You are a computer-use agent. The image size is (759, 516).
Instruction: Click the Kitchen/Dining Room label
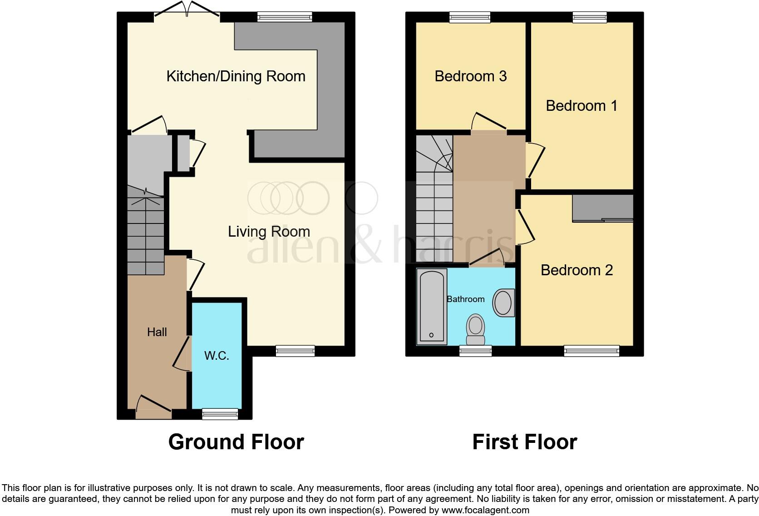[x=236, y=77]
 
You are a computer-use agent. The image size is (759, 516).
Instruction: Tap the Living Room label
[x=269, y=232]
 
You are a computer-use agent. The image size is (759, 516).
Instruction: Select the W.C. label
[x=217, y=356]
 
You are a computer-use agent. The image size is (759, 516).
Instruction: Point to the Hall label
[x=157, y=332]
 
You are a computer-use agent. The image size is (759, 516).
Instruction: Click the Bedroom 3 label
[x=471, y=76]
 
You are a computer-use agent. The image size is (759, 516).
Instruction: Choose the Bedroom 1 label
[x=582, y=106]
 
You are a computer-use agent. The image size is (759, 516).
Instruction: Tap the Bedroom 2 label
[x=577, y=270]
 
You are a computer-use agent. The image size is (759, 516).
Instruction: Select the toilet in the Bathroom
[x=475, y=329]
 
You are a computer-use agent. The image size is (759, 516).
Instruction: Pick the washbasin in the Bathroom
[x=504, y=303]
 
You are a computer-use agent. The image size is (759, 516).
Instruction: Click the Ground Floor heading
[x=236, y=442]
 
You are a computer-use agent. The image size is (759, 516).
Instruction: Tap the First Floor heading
[x=524, y=442]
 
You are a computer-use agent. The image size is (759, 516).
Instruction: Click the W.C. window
[x=220, y=414]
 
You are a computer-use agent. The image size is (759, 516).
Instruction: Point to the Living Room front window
[x=295, y=351]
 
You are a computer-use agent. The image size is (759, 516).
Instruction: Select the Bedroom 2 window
[x=591, y=351]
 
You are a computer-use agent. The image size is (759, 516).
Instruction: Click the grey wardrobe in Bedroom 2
[x=603, y=208]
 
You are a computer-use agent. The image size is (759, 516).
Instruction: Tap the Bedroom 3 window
[x=470, y=17]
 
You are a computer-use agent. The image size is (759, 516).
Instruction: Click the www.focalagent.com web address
[x=485, y=510]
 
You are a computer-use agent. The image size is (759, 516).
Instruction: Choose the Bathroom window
[x=475, y=351]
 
